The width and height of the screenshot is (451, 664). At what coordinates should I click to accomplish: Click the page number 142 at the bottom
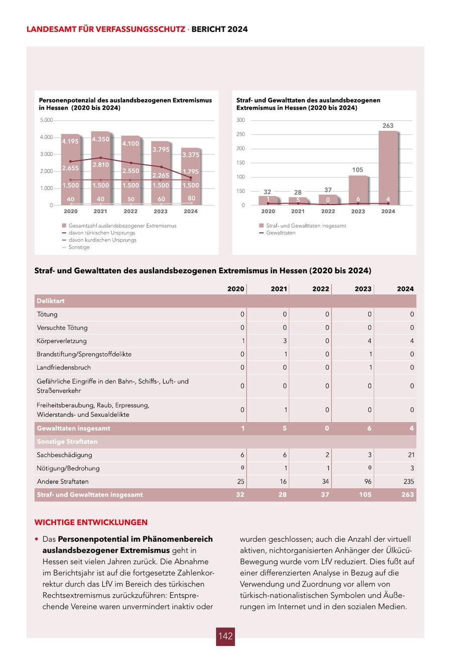(225, 636)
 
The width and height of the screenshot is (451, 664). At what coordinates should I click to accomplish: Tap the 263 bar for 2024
(388, 165)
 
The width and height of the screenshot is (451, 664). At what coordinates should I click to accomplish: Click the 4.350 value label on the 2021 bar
(100, 139)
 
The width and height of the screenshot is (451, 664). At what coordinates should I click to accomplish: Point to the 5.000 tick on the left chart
(46, 120)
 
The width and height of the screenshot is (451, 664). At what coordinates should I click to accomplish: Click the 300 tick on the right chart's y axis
(241, 120)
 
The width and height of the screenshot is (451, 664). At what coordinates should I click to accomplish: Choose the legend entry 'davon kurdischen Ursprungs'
(102, 240)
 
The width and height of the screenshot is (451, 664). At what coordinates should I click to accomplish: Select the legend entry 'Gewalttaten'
(281, 233)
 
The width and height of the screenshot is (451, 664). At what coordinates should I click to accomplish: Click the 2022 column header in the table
(321, 289)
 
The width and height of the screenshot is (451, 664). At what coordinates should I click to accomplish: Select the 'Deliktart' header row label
(51, 301)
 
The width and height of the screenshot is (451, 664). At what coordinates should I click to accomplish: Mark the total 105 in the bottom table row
(365, 494)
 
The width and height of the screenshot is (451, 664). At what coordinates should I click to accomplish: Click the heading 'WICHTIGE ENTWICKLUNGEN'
(91, 522)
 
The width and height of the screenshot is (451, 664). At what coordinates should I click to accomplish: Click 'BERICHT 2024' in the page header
(219, 30)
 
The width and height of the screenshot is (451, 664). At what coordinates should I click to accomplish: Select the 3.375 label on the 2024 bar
(190, 155)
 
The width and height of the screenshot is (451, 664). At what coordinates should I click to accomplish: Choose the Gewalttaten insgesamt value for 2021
(285, 428)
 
